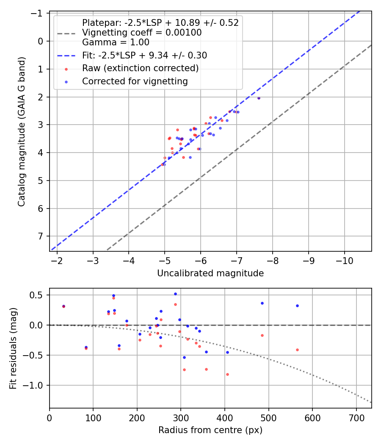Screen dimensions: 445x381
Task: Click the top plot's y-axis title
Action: tap(21, 131)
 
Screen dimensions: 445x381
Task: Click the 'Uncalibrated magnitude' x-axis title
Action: tap(210, 273)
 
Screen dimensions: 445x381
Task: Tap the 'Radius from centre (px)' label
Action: tap(210, 430)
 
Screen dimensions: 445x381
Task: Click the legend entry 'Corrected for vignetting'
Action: tap(135, 81)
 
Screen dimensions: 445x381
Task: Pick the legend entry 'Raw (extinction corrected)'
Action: tap(140, 68)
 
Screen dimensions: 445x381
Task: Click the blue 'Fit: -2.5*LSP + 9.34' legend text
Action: tap(144, 55)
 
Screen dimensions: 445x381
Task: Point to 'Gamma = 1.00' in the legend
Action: tap(116, 42)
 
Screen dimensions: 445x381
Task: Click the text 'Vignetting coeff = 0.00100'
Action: tap(142, 33)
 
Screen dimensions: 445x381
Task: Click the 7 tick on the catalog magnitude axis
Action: tap(41, 236)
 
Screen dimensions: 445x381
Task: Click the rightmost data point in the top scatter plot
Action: tap(259, 98)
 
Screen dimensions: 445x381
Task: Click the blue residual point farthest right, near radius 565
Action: tap(297, 306)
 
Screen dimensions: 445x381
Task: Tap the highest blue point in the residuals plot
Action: tap(175, 294)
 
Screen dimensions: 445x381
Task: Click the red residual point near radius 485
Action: tap(262, 335)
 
